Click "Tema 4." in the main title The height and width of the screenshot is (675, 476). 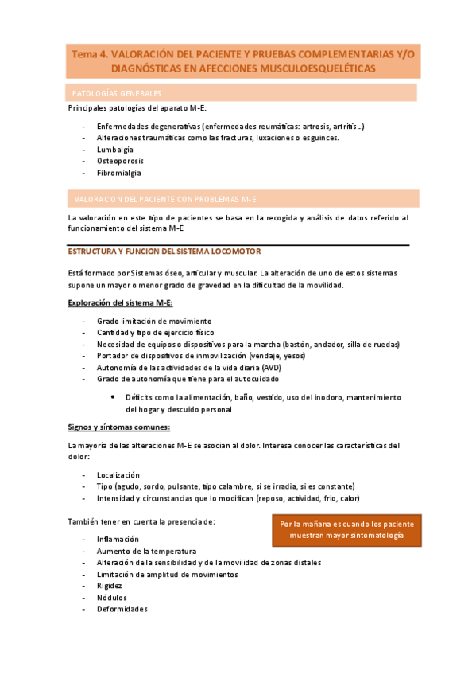click(90, 54)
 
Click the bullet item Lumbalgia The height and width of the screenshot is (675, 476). click(115, 149)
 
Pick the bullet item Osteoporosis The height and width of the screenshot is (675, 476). click(120, 160)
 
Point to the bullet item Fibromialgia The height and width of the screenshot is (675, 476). click(119, 172)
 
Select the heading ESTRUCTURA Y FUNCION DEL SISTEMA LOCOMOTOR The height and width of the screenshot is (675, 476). click(164, 252)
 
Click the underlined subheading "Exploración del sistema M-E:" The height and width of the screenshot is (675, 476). click(120, 303)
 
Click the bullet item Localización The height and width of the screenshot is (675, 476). click(118, 474)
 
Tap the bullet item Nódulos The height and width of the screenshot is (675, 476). click(112, 597)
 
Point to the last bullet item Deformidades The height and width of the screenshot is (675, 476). click(122, 609)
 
